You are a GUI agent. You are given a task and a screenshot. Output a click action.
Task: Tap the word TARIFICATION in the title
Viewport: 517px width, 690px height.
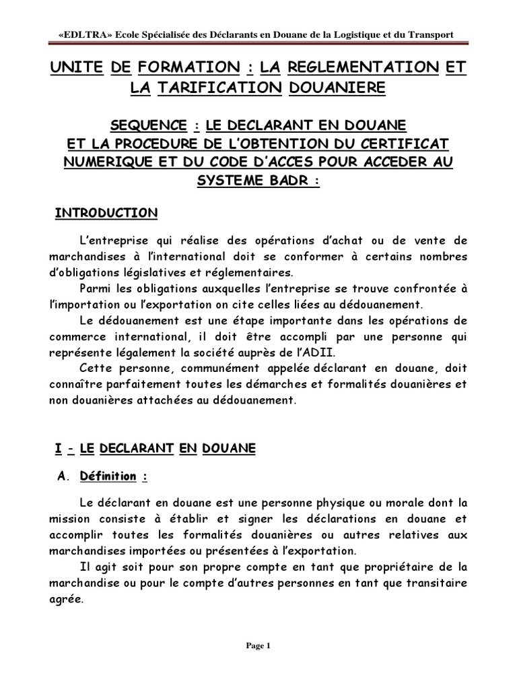220,88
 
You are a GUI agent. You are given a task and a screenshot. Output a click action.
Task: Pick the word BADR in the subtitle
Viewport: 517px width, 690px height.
288,183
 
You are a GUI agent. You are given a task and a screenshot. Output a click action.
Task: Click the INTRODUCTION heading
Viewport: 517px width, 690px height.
106,214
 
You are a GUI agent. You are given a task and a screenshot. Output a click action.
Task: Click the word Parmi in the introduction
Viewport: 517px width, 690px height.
94,289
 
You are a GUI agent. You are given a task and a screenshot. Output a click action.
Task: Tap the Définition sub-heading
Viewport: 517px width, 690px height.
108,476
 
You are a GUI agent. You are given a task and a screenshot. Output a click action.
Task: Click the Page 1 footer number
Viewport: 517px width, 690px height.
258,646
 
